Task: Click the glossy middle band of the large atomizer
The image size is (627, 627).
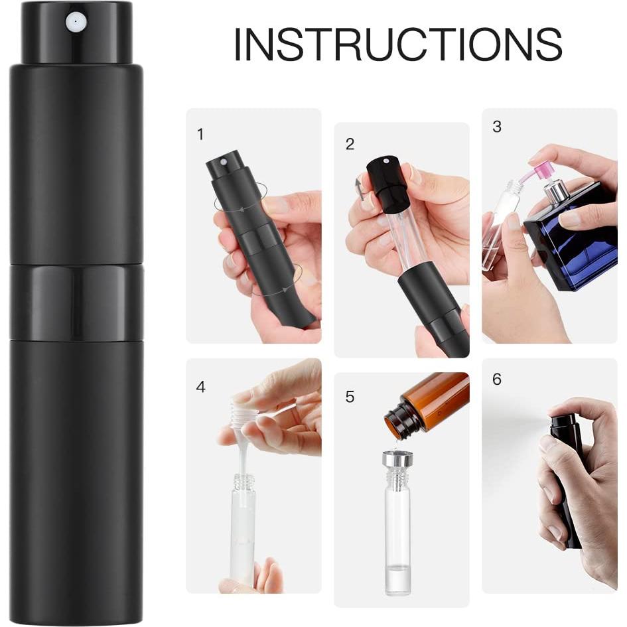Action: (x=76, y=302)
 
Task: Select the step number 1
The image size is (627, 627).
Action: (x=200, y=135)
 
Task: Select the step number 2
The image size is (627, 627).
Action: (x=350, y=144)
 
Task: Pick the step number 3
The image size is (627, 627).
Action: (x=497, y=127)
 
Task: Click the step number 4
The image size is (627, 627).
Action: (x=200, y=386)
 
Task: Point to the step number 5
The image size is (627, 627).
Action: (x=350, y=397)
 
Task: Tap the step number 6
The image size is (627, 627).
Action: (x=497, y=380)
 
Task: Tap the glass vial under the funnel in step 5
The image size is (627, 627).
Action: (x=397, y=537)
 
